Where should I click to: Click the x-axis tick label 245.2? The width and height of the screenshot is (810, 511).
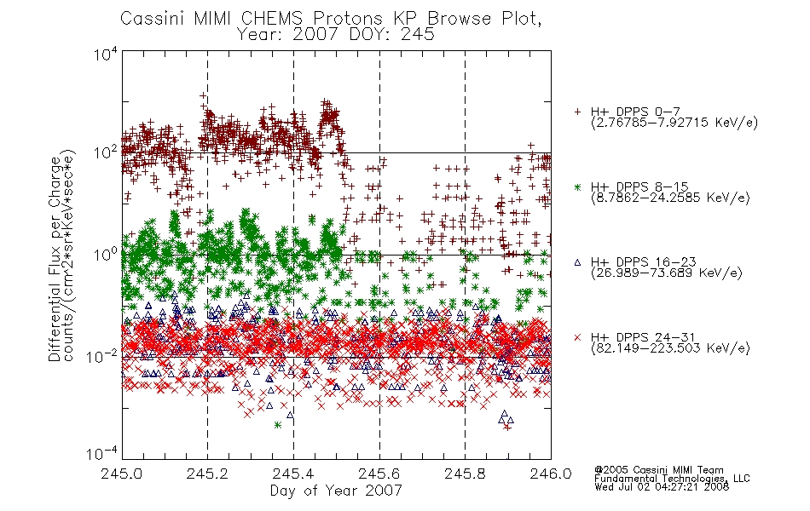pos(207,474)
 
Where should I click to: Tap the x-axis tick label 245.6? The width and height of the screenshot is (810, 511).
pos(379,474)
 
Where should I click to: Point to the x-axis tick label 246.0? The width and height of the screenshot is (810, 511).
pos(551,474)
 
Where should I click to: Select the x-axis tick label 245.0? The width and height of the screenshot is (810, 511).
pos(121,474)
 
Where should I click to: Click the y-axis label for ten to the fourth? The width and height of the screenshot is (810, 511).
pos(106,54)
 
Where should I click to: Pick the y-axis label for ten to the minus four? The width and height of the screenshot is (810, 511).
pos(102,453)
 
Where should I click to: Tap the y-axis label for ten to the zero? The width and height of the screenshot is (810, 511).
pos(106,254)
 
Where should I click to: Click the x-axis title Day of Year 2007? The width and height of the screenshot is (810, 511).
pos(336,491)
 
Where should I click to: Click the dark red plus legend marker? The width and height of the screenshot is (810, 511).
pos(577,112)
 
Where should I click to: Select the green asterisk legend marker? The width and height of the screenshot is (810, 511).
pos(577,187)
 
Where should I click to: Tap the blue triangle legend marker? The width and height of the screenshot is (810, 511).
pos(577,262)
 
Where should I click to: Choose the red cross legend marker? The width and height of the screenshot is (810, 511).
pos(577,337)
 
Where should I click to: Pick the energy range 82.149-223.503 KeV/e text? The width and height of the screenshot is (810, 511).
pos(670,348)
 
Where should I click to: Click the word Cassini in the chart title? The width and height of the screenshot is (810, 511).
pos(153,19)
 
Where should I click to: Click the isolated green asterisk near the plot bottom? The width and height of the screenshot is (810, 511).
pos(277,425)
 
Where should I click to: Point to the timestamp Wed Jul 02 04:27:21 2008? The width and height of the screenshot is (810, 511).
pos(662,487)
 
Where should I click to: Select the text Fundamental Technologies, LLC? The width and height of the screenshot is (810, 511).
pos(672,479)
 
